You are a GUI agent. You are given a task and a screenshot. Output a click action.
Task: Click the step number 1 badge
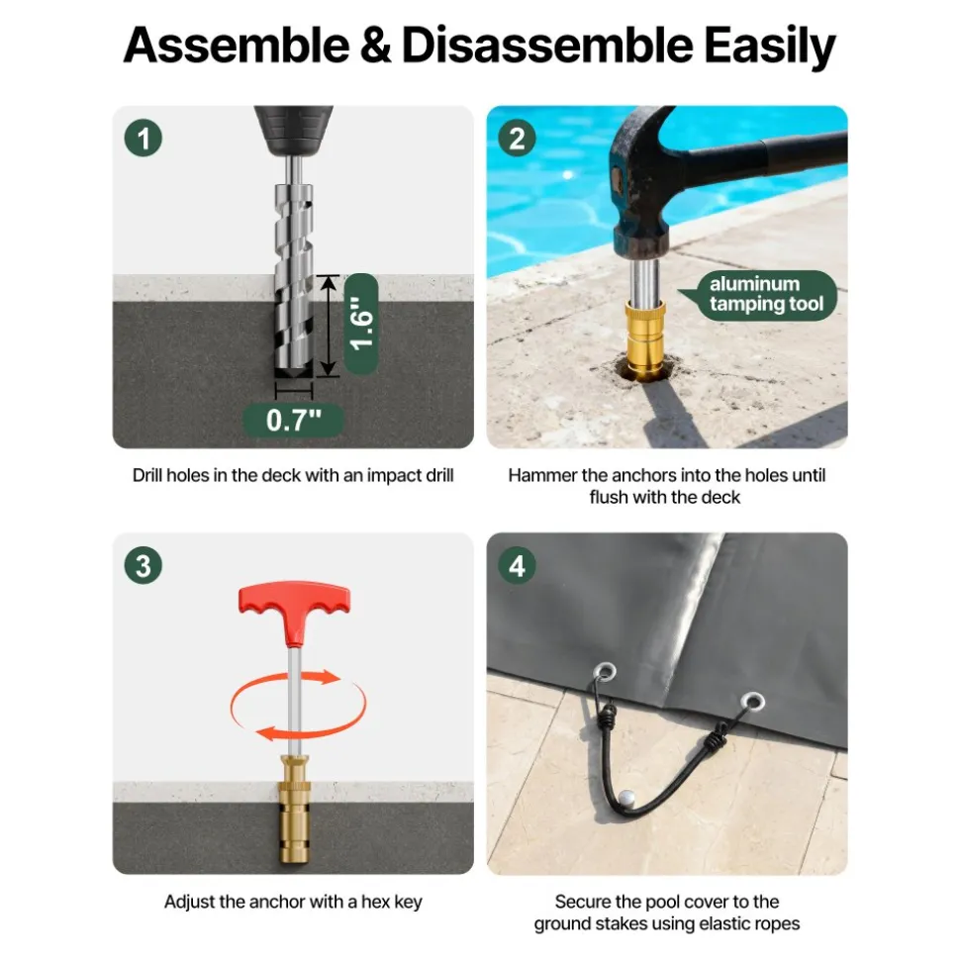coord(144,139)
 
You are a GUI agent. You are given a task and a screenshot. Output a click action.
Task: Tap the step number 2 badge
coord(517,139)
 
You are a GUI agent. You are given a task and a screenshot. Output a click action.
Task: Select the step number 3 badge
coord(144,565)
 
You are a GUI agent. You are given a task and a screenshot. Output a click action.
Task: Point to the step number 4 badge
coord(517,565)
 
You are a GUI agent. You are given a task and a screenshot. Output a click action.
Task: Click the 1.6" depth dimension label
coord(361,324)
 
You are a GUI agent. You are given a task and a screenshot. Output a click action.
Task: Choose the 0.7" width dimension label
coord(293,421)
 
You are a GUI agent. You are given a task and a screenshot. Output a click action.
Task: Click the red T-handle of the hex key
coord(294,613)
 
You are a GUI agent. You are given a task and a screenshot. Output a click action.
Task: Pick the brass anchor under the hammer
coord(644,338)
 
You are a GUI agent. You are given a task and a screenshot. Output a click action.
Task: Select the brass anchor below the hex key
coord(294,809)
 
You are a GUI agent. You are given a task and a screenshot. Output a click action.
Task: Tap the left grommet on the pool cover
coord(606,672)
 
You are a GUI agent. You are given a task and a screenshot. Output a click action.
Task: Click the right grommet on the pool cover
coord(753,701)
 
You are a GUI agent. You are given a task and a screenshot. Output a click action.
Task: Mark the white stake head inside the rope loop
coord(626,799)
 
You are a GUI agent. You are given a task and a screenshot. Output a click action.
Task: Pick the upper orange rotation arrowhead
coord(330,677)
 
